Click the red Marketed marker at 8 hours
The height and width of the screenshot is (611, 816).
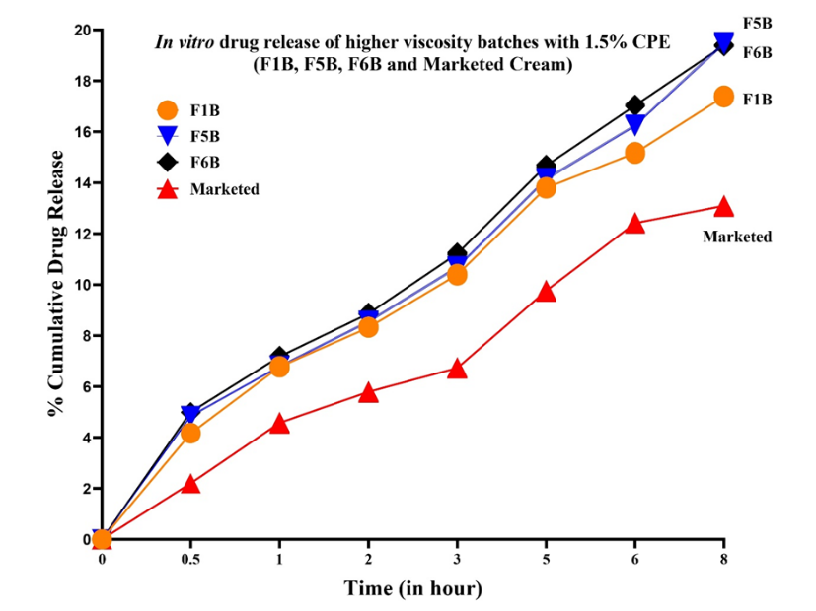(x=723, y=207)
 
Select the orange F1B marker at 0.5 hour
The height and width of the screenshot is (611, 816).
(x=190, y=433)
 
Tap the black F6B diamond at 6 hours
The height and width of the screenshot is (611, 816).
(x=634, y=105)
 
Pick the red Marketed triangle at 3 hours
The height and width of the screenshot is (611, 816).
(x=457, y=369)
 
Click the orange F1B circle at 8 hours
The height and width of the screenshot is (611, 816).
(x=723, y=97)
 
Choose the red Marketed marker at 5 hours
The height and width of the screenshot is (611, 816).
(x=546, y=292)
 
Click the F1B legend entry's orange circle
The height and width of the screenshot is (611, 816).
(x=168, y=110)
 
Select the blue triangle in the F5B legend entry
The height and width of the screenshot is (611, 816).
(x=168, y=136)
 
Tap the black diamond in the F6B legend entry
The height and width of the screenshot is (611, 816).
(x=168, y=162)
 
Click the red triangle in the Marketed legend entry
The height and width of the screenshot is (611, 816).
(x=168, y=188)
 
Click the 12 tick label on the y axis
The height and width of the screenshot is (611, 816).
(x=84, y=235)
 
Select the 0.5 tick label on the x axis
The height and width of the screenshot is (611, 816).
(x=190, y=560)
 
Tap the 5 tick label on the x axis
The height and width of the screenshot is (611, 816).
(x=546, y=560)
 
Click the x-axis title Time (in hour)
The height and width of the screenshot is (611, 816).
(x=412, y=589)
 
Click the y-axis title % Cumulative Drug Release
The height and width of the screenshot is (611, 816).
(x=58, y=284)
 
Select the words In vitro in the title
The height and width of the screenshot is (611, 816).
(x=185, y=43)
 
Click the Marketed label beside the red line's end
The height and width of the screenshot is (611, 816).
(x=736, y=237)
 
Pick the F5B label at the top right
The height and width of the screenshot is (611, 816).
(x=757, y=22)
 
